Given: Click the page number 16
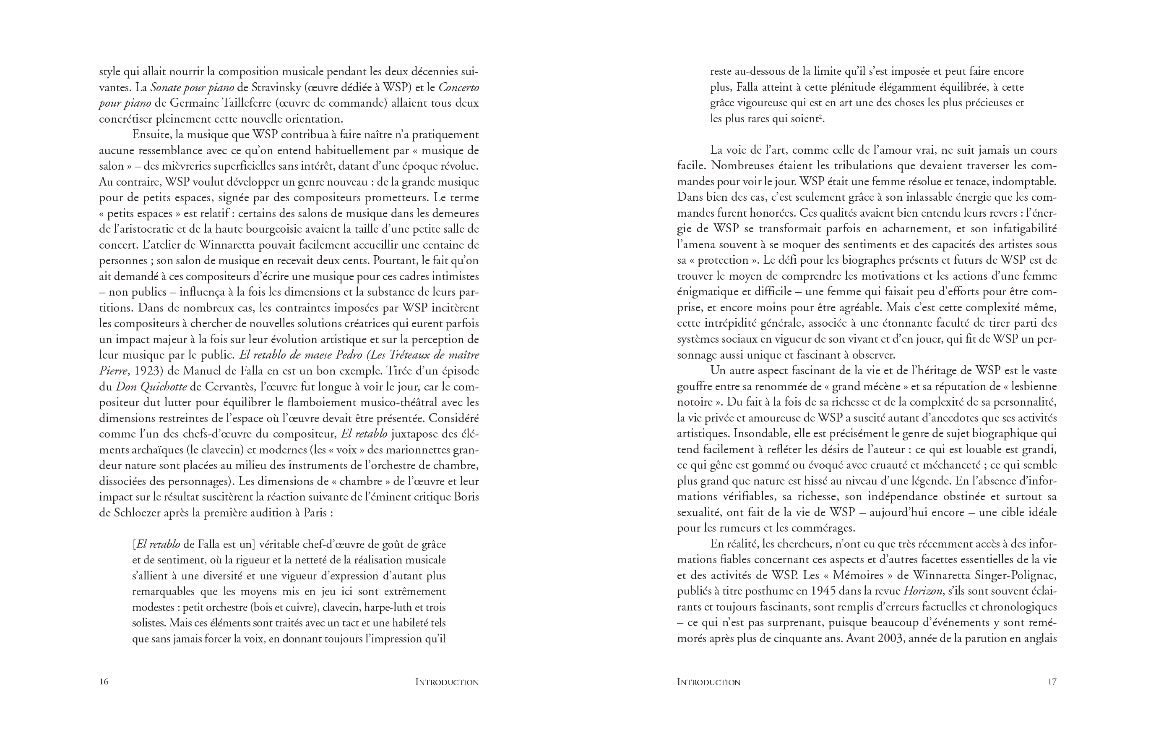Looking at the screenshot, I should pos(104,682).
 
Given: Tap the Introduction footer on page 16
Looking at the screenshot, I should pos(447,682).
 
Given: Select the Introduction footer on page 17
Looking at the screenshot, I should pos(708,682).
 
